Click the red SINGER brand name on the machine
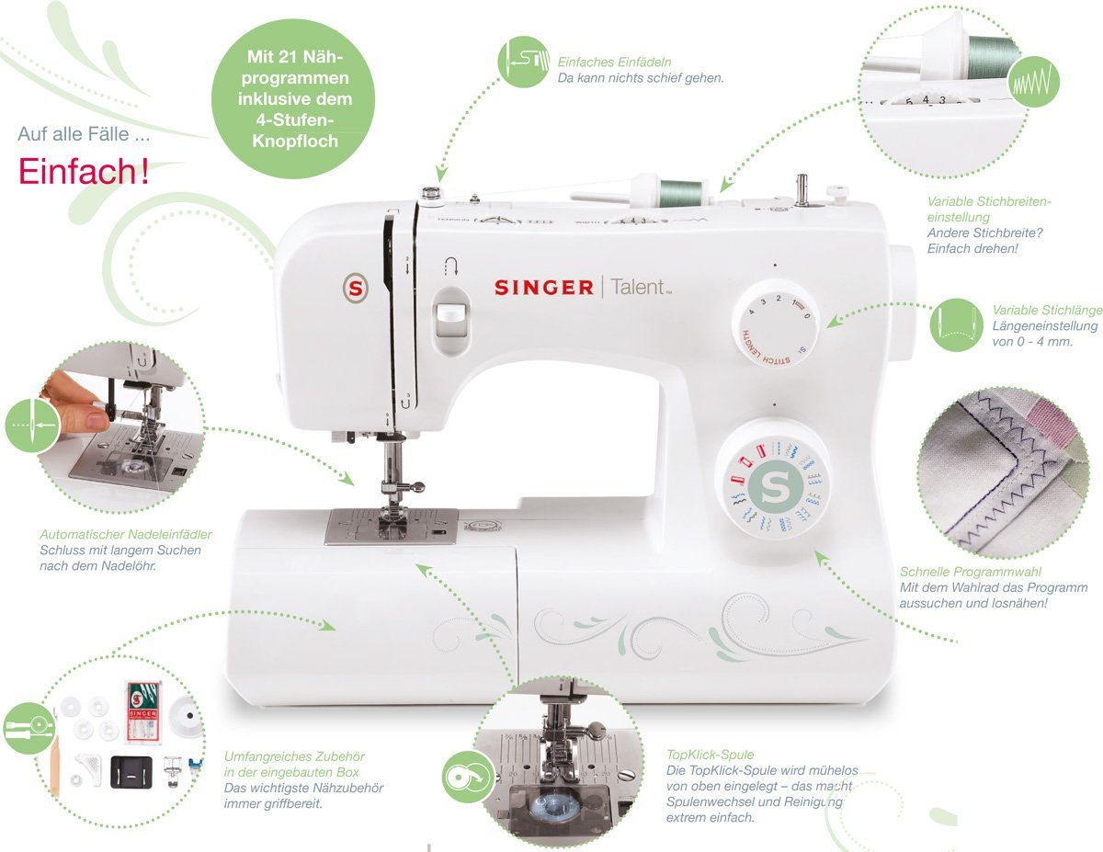click(x=543, y=288)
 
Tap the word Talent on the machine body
click(x=639, y=287)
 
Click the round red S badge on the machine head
click(x=356, y=289)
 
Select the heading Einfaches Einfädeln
click(x=614, y=62)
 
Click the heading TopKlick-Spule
click(x=711, y=755)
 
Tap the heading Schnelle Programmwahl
click(x=971, y=572)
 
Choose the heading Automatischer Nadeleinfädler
click(x=126, y=534)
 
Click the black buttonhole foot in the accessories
click(x=131, y=772)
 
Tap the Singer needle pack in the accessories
click(x=143, y=714)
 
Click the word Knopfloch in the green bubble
click(x=295, y=141)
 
